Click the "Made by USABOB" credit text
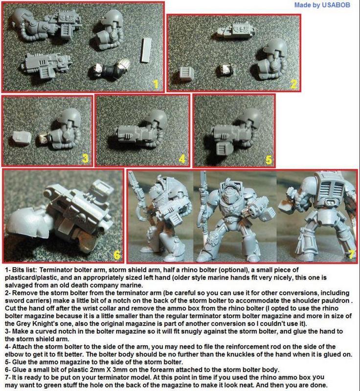click(x=322, y=5)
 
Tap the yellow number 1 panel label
click(x=156, y=85)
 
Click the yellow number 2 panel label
click(x=293, y=85)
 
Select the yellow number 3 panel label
click(x=85, y=158)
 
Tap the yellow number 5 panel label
click(x=269, y=160)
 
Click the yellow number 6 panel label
click(x=117, y=255)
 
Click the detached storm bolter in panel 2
click(x=236, y=31)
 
